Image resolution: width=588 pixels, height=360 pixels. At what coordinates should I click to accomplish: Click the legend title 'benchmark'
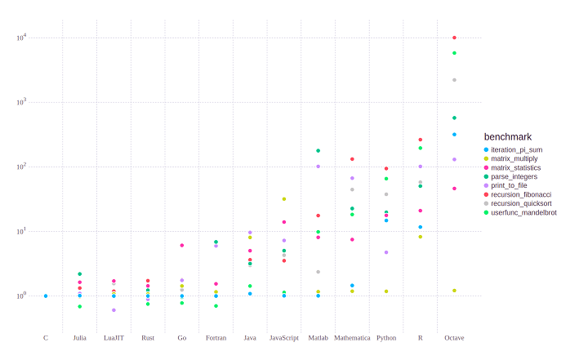click(x=508, y=136)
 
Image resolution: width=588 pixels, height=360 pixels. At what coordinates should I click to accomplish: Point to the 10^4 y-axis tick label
click(x=22, y=38)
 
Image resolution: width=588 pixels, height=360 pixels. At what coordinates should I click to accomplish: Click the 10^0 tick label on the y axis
click(x=22, y=296)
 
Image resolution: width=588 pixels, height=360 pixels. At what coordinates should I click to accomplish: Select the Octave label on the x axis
click(x=454, y=338)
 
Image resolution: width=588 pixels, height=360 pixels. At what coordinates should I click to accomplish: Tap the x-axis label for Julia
click(x=79, y=338)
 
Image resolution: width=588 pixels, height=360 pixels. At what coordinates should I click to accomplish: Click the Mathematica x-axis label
click(x=352, y=338)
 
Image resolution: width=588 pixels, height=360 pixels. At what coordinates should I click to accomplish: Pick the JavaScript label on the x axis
click(x=284, y=338)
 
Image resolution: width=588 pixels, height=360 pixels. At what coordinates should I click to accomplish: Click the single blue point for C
click(x=46, y=296)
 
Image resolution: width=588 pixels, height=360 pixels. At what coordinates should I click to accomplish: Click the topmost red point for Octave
click(x=454, y=38)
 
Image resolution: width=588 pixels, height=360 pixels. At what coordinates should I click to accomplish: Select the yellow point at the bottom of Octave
click(x=454, y=291)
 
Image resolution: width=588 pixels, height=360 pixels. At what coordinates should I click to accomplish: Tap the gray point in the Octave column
click(x=454, y=80)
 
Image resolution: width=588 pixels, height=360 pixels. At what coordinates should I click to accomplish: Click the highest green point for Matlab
click(x=318, y=151)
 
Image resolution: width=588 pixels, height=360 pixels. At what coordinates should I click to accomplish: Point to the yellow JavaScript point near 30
click(x=284, y=199)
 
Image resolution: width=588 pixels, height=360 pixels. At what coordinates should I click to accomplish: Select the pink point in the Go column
click(x=182, y=246)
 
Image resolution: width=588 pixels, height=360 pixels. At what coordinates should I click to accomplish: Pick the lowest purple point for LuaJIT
click(x=114, y=310)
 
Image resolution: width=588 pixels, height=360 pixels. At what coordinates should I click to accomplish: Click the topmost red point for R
click(x=421, y=140)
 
